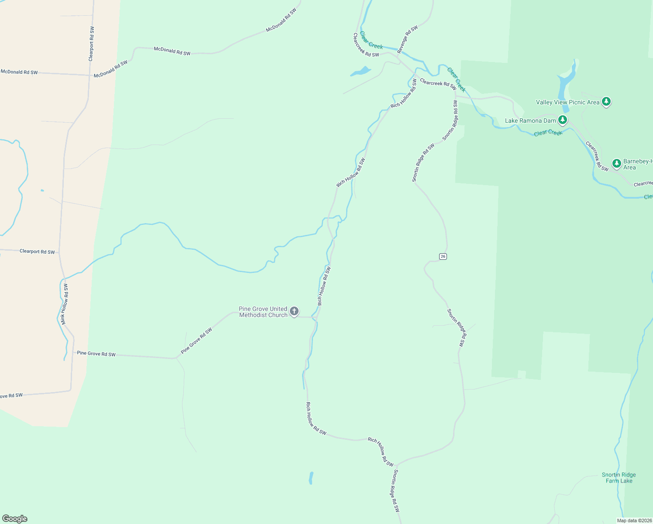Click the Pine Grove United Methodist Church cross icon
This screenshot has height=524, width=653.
click(294, 311)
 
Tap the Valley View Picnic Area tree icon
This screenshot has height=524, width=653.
click(606, 102)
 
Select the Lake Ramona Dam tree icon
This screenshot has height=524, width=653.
click(563, 120)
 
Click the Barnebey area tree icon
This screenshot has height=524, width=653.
click(616, 164)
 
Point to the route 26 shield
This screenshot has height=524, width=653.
click(443, 256)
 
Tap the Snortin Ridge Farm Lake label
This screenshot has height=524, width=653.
click(619, 478)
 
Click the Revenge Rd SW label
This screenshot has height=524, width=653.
click(407, 40)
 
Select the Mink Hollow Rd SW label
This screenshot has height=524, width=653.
click(64, 304)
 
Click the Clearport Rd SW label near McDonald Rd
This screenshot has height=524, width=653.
click(91, 44)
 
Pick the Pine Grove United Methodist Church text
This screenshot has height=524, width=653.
click(263, 312)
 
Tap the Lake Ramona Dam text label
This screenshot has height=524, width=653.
click(530, 121)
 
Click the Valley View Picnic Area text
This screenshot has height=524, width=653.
click(567, 102)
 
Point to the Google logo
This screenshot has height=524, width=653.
click(15, 519)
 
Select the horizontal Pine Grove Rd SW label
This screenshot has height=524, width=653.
click(96, 354)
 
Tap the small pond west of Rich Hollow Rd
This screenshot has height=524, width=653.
click(311, 478)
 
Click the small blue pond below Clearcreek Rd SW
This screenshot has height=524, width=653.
click(361, 71)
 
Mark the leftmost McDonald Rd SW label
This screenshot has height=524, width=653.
click(19, 72)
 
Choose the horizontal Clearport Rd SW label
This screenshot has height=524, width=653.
click(37, 252)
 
